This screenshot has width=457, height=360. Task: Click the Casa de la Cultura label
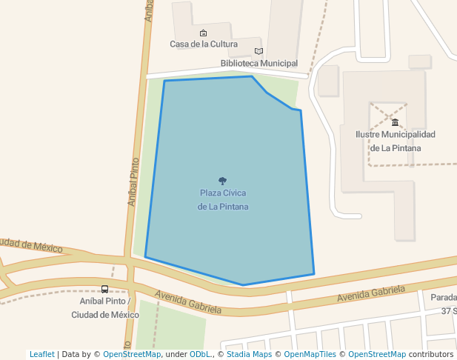203,44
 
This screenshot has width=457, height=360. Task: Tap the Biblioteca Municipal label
258,64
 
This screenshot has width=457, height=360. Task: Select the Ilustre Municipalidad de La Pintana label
395,141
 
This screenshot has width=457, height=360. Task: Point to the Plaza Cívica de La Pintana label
223,199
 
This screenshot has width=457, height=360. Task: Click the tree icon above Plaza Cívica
223,181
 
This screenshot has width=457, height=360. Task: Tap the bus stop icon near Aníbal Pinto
104,290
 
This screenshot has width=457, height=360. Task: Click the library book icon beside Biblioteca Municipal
258,51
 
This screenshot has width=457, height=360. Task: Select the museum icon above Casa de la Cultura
203,33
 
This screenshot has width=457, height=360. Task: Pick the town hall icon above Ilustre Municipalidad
395,122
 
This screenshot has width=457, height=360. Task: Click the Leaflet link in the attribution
42,354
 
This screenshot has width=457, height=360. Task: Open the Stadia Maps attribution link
248,354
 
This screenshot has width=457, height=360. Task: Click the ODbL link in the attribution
200,354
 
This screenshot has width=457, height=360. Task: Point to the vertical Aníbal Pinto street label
133,181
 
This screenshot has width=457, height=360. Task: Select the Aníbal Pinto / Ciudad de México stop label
105,308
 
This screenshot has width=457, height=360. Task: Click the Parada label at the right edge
444,298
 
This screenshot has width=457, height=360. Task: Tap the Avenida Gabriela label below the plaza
188,302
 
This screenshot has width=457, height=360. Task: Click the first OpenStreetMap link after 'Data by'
132,354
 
